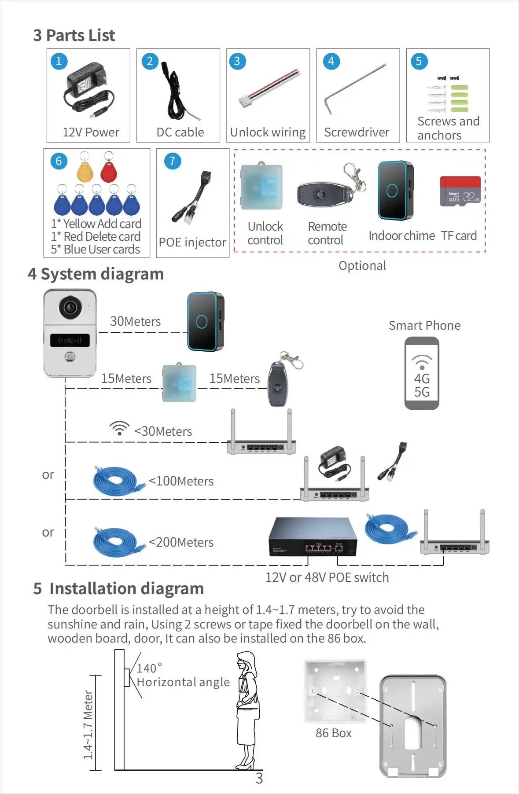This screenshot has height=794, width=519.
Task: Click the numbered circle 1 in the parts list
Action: coord(59,61)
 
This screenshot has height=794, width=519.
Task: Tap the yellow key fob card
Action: coord(85,171)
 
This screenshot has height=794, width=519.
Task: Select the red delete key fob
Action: coord(108,171)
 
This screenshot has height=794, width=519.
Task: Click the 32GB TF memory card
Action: coord(460,191)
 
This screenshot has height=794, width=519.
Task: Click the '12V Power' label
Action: coord(91,132)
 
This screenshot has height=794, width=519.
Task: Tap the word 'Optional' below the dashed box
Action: coord(362,265)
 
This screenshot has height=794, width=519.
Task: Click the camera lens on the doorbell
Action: coord(70,307)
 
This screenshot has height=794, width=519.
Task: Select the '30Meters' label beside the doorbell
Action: coord(135,321)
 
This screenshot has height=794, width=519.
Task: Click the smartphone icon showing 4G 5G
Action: coord(422,373)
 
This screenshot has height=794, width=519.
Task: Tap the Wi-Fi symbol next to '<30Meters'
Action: coord(119,428)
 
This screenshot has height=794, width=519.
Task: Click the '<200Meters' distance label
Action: coord(181,542)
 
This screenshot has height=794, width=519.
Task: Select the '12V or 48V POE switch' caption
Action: coord(327,577)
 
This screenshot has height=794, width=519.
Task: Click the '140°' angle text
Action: coord(149,668)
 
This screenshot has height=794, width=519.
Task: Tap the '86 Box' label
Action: coord(333,733)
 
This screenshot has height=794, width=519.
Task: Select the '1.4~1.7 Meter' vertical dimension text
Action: coord(88,724)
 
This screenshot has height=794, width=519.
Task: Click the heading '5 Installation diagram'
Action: coord(118,588)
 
